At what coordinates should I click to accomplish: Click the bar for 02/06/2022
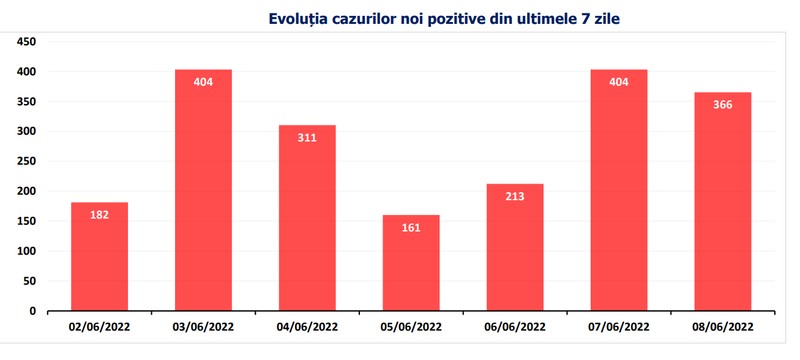tap(99, 256)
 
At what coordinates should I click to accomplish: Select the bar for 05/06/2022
tap(411, 263)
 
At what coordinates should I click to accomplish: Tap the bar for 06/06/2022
tap(515, 247)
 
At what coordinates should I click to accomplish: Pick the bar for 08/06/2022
tap(722, 201)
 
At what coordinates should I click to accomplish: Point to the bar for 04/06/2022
tap(307, 218)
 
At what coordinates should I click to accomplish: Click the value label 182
tap(99, 215)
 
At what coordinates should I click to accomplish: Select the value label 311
tap(307, 138)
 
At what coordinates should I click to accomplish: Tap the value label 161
tap(411, 227)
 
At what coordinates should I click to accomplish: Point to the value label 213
tap(515, 196)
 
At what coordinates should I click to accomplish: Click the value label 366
tap(722, 105)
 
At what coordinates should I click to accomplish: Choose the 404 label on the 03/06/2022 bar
tap(203, 82)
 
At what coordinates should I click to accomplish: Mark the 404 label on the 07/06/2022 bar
tap(619, 82)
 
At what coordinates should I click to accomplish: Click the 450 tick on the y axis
tap(26, 42)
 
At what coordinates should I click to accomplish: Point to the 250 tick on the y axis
tap(26, 162)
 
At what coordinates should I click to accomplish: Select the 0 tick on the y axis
tap(32, 311)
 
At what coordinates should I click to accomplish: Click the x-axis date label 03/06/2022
tap(203, 327)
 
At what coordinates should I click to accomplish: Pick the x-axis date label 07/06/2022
tap(619, 327)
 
